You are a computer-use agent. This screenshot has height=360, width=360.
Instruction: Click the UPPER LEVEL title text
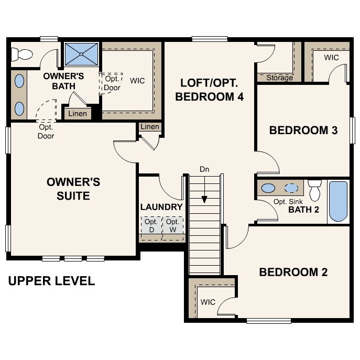[x=51, y=281]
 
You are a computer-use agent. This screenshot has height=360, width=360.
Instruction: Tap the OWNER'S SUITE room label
[x=73, y=189]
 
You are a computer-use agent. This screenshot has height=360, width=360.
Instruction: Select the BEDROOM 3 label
[x=303, y=130]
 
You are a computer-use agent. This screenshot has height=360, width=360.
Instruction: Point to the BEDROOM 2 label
[x=293, y=272]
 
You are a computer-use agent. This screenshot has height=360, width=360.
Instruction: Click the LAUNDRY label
[x=161, y=207]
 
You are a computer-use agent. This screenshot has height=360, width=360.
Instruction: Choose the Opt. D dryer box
[x=151, y=226]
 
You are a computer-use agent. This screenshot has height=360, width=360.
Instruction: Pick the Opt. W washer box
[x=172, y=226]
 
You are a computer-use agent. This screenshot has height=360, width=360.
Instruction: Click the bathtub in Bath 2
[x=338, y=201]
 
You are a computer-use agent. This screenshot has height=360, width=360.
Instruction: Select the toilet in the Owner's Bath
[x=22, y=53]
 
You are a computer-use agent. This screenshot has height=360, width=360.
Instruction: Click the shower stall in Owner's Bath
[x=81, y=54]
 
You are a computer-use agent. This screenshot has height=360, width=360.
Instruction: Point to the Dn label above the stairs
[x=204, y=169]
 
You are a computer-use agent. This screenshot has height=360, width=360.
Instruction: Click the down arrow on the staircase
[x=204, y=199]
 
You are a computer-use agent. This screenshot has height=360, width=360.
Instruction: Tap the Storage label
[x=279, y=78]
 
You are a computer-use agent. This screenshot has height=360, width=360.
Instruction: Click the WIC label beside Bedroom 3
[x=331, y=57]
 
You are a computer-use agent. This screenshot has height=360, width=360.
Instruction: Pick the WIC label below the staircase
[x=208, y=302]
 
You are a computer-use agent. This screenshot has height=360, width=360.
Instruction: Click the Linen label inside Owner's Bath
[x=78, y=114]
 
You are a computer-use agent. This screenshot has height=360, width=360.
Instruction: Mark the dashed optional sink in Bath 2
[x=291, y=188]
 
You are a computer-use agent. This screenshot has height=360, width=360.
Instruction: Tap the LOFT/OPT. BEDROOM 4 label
[x=209, y=90]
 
